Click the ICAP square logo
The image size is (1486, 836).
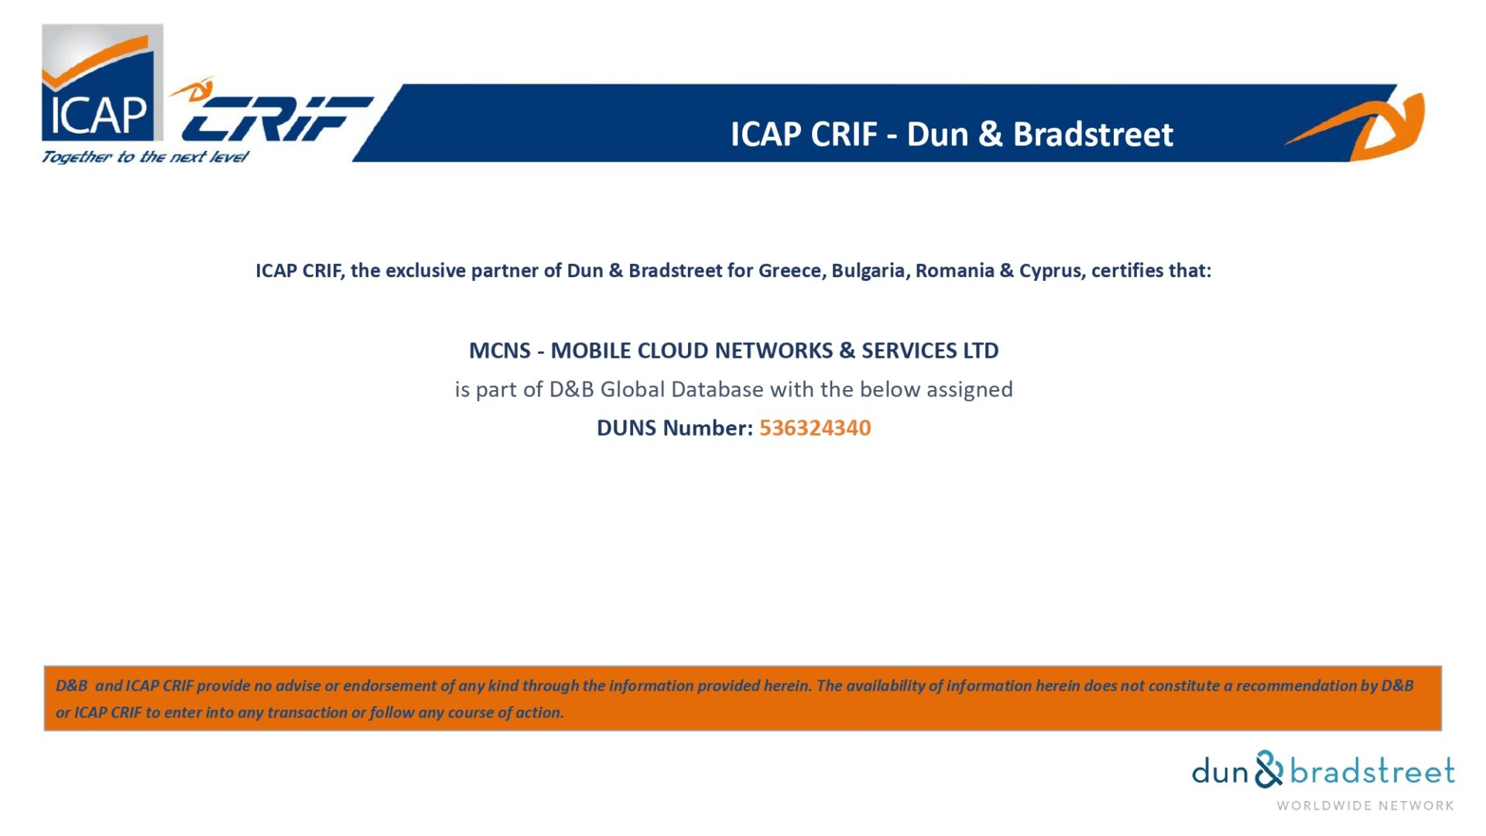pyautogui.click(x=102, y=83)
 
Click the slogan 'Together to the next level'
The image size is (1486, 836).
pyautogui.click(x=145, y=156)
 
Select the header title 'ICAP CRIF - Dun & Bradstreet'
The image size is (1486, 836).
pyautogui.click(x=952, y=134)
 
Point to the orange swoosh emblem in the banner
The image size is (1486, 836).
pyautogui.click(x=1362, y=124)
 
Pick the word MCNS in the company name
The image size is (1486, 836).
pyautogui.click(x=500, y=351)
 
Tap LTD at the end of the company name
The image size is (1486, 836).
pyautogui.click(x=981, y=351)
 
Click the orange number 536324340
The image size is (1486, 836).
pyautogui.click(x=815, y=428)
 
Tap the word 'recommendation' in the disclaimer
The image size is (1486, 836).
pyautogui.click(x=1296, y=686)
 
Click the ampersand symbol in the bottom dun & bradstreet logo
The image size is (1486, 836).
pyautogui.click(x=1269, y=769)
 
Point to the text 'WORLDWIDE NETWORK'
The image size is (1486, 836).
pyautogui.click(x=1365, y=806)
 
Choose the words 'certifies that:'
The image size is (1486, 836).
pyautogui.click(x=1152, y=271)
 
